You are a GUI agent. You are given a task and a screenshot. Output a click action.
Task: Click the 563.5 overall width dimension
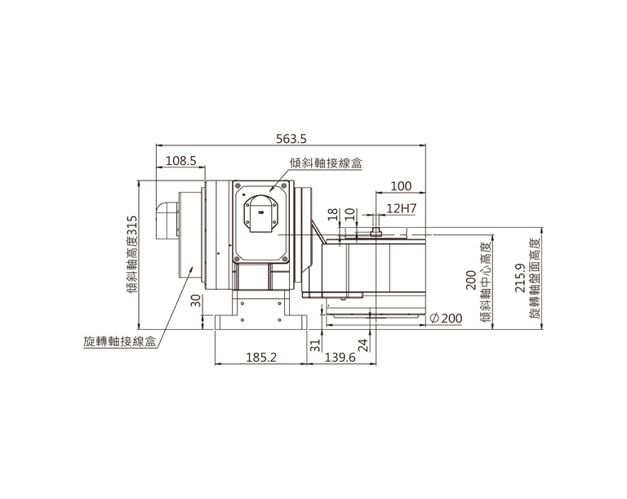[x=291, y=139]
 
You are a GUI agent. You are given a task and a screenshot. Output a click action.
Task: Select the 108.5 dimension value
[x=180, y=161]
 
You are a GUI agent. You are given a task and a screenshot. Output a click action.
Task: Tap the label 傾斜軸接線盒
[x=326, y=163]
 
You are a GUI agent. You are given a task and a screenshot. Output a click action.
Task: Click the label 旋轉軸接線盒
[x=119, y=341]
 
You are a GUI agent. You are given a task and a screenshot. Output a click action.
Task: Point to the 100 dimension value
[x=401, y=186]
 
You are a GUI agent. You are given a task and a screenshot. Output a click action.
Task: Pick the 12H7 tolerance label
[x=402, y=208]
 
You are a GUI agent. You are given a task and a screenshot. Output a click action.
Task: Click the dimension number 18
[x=333, y=215]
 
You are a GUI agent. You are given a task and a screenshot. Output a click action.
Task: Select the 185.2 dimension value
[x=260, y=358]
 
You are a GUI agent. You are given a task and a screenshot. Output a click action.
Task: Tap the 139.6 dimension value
[x=340, y=358]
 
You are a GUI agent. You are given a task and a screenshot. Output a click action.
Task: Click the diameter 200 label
[x=446, y=319]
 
